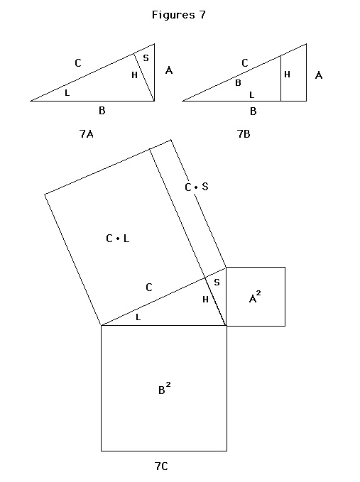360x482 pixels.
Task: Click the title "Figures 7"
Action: click(x=179, y=15)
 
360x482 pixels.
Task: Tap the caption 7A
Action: click(x=87, y=134)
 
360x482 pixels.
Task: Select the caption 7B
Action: click(x=244, y=134)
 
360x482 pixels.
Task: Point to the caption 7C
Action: click(x=161, y=466)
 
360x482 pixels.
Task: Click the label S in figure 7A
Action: click(x=146, y=57)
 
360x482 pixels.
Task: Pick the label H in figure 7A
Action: click(x=134, y=75)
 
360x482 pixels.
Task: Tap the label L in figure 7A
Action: click(x=67, y=92)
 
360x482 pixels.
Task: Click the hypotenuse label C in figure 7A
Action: click(x=78, y=63)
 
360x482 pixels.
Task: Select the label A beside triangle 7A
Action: click(x=169, y=70)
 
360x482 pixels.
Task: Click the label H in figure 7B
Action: click(x=287, y=75)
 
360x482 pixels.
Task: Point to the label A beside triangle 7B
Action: click(x=319, y=75)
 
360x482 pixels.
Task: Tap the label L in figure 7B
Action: click(x=251, y=95)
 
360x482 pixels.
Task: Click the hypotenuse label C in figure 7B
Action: click(x=245, y=63)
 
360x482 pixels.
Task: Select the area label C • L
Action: click(x=117, y=239)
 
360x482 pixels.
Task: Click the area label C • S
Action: click(x=197, y=187)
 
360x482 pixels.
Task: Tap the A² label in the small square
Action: click(x=255, y=297)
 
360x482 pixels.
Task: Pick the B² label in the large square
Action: click(x=165, y=388)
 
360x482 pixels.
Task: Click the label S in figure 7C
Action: click(x=217, y=283)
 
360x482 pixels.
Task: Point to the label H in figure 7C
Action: click(x=205, y=299)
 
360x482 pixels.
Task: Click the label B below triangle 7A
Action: click(x=102, y=110)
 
